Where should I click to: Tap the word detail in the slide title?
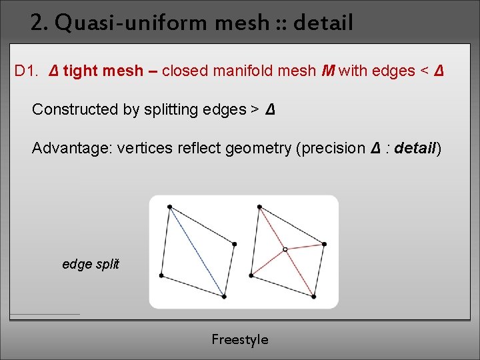click(x=323, y=24)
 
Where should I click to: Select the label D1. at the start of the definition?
click(x=29, y=71)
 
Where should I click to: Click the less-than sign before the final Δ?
click(x=424, y=71)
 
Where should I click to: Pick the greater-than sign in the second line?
click(x=255, y=109)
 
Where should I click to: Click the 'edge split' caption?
click(x=91, y=264)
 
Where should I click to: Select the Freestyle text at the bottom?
click(x=240, y=340)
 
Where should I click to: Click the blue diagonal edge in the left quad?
click(x=197, y=252)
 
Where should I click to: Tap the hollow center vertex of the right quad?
click(x=285, y=249)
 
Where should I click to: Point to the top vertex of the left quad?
click(x=169, y=207)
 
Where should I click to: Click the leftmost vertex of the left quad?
click(x=162, y=275)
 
